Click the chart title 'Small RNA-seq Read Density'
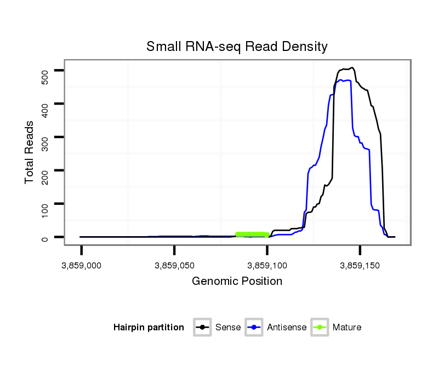point(237,47)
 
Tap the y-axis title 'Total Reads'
point(30,152)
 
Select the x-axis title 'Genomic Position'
point(237,282)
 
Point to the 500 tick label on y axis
point(45,71)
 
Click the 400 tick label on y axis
point(45,104)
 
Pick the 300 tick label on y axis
point(45,138)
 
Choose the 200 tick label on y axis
point(45,171)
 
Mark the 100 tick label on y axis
point(45,204)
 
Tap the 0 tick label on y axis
point(45,238)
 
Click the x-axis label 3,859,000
point(82,266)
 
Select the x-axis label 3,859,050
point(174,266)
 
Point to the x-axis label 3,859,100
point(267,266)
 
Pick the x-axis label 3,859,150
point(360,266)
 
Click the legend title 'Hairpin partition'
point(149,328)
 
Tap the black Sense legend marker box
point(203,328)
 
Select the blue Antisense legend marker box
point(255,328)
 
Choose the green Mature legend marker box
point(320,328)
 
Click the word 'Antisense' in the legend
point(287,328)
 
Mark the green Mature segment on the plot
point(252,234)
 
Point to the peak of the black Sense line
point(352,68)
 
